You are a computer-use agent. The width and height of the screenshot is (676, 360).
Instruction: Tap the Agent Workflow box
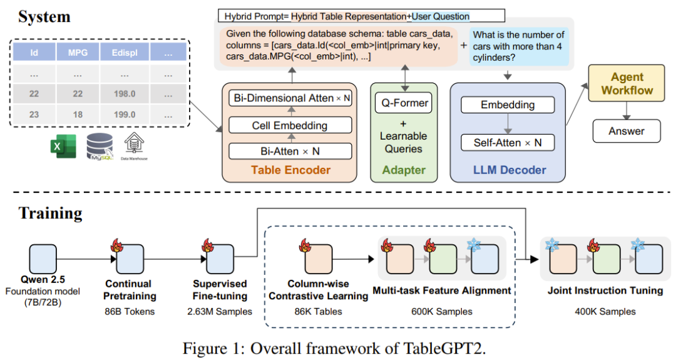tap(627, 83)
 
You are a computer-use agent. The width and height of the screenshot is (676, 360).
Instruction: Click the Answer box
tap(626, 131)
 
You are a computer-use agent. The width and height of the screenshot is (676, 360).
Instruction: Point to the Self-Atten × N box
tap(508, 143)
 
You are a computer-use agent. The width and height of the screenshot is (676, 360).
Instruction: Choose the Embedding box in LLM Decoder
tap(508, 105)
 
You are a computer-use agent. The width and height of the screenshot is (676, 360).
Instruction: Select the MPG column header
tap(78, 53)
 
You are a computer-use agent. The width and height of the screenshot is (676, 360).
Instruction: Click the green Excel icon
tap(62, 148)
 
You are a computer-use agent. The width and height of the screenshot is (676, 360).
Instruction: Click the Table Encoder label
tap(290, 170)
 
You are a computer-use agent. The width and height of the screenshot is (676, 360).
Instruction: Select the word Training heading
tap(50, 213)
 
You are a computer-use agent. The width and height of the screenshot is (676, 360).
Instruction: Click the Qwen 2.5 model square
tap(43, 259)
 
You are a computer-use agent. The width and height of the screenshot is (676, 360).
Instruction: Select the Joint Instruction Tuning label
tap(595, 291)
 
